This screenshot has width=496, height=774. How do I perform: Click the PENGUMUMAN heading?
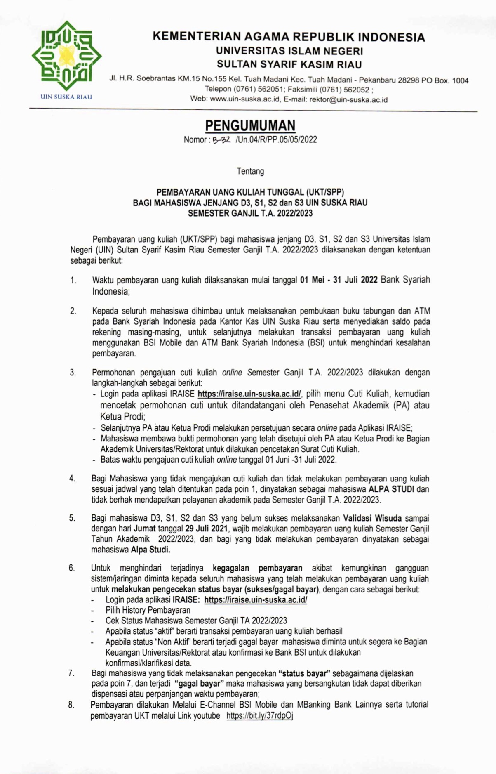click(250, 125)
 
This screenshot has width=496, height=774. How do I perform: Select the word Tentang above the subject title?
click(250, 171)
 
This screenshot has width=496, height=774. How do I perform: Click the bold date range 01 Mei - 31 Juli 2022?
click(339, 280)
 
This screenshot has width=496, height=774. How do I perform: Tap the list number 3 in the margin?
click(73, 373)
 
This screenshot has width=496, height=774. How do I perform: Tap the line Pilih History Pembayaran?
click(148, 610)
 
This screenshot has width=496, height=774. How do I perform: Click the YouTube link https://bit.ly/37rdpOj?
click(259, 716)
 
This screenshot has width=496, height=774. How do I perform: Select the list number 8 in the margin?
click(71, 705)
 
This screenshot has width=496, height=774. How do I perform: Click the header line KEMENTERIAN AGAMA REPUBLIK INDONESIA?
click(289, 37)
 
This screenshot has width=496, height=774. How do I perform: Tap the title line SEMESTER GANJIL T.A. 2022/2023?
click(250, 214)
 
